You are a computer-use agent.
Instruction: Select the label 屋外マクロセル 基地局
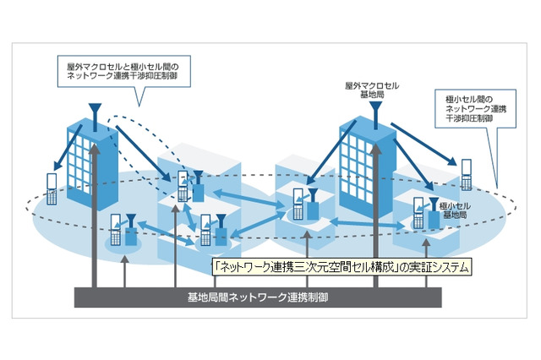[x=367, y=90]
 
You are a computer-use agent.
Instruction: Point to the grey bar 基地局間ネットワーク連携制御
[x=258, y=297]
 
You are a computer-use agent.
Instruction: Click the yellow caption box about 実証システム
[x=342, y=266]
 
